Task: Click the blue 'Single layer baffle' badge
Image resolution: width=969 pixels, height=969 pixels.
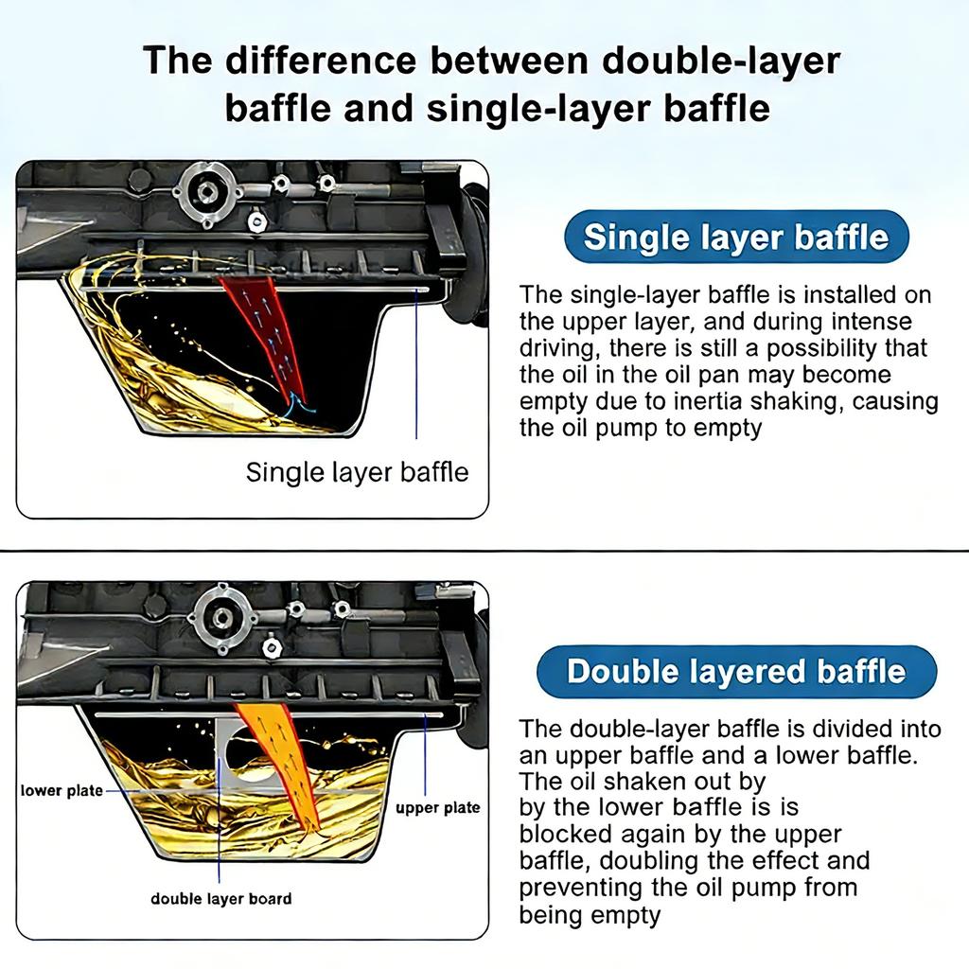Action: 736,238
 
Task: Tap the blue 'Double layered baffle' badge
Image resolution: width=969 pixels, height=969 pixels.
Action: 736,672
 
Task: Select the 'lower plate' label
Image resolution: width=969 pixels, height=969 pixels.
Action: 62,791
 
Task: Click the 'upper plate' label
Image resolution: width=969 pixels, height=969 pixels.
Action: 437,808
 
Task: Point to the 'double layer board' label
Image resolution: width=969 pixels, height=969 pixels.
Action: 221,899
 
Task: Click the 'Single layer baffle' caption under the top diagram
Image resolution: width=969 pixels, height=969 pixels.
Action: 357,472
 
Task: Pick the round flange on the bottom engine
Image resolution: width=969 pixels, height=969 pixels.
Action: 222,617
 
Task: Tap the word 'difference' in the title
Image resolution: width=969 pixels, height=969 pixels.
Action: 321,61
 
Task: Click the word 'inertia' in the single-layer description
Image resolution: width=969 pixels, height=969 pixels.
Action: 709,401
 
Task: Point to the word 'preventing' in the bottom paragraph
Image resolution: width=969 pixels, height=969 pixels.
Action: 581,888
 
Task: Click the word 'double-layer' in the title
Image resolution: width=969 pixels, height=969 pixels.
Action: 720,62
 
